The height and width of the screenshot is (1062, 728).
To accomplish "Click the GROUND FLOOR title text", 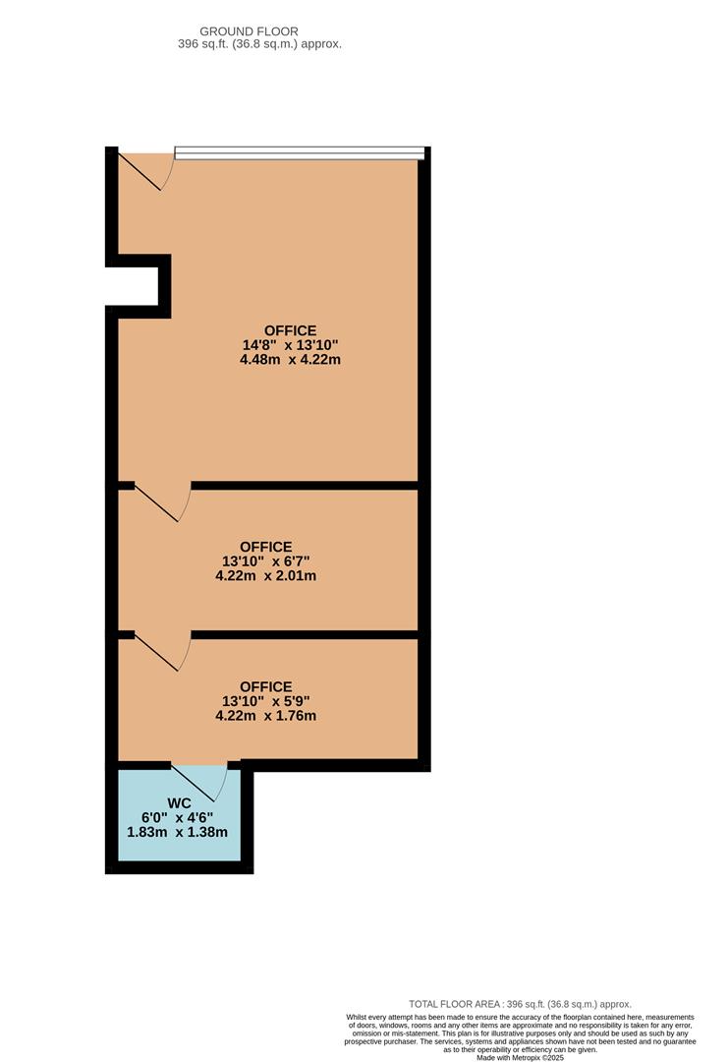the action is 249,31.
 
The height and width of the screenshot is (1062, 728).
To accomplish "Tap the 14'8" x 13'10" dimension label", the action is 290,345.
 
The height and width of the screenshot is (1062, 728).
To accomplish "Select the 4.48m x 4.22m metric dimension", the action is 290,360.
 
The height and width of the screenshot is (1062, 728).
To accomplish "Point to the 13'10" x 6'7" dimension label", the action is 266,560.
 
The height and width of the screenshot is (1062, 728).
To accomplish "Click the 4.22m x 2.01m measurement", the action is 266,575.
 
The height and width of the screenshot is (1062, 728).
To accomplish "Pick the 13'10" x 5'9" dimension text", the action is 266,701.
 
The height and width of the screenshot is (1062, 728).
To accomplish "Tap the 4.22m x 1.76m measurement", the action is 266,716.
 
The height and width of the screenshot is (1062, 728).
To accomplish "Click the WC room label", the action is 179,803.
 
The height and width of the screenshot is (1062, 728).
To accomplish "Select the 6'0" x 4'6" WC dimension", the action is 177,817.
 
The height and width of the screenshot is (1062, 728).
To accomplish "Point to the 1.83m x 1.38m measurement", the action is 177,833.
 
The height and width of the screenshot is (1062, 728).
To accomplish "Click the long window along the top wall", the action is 300,153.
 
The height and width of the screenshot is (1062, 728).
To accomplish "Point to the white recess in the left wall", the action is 132,286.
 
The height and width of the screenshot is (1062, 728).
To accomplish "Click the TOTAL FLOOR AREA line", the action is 520,1004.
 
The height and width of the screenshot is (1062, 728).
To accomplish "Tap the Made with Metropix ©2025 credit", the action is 520,1057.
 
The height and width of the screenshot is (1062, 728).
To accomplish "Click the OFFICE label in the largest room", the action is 290,330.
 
